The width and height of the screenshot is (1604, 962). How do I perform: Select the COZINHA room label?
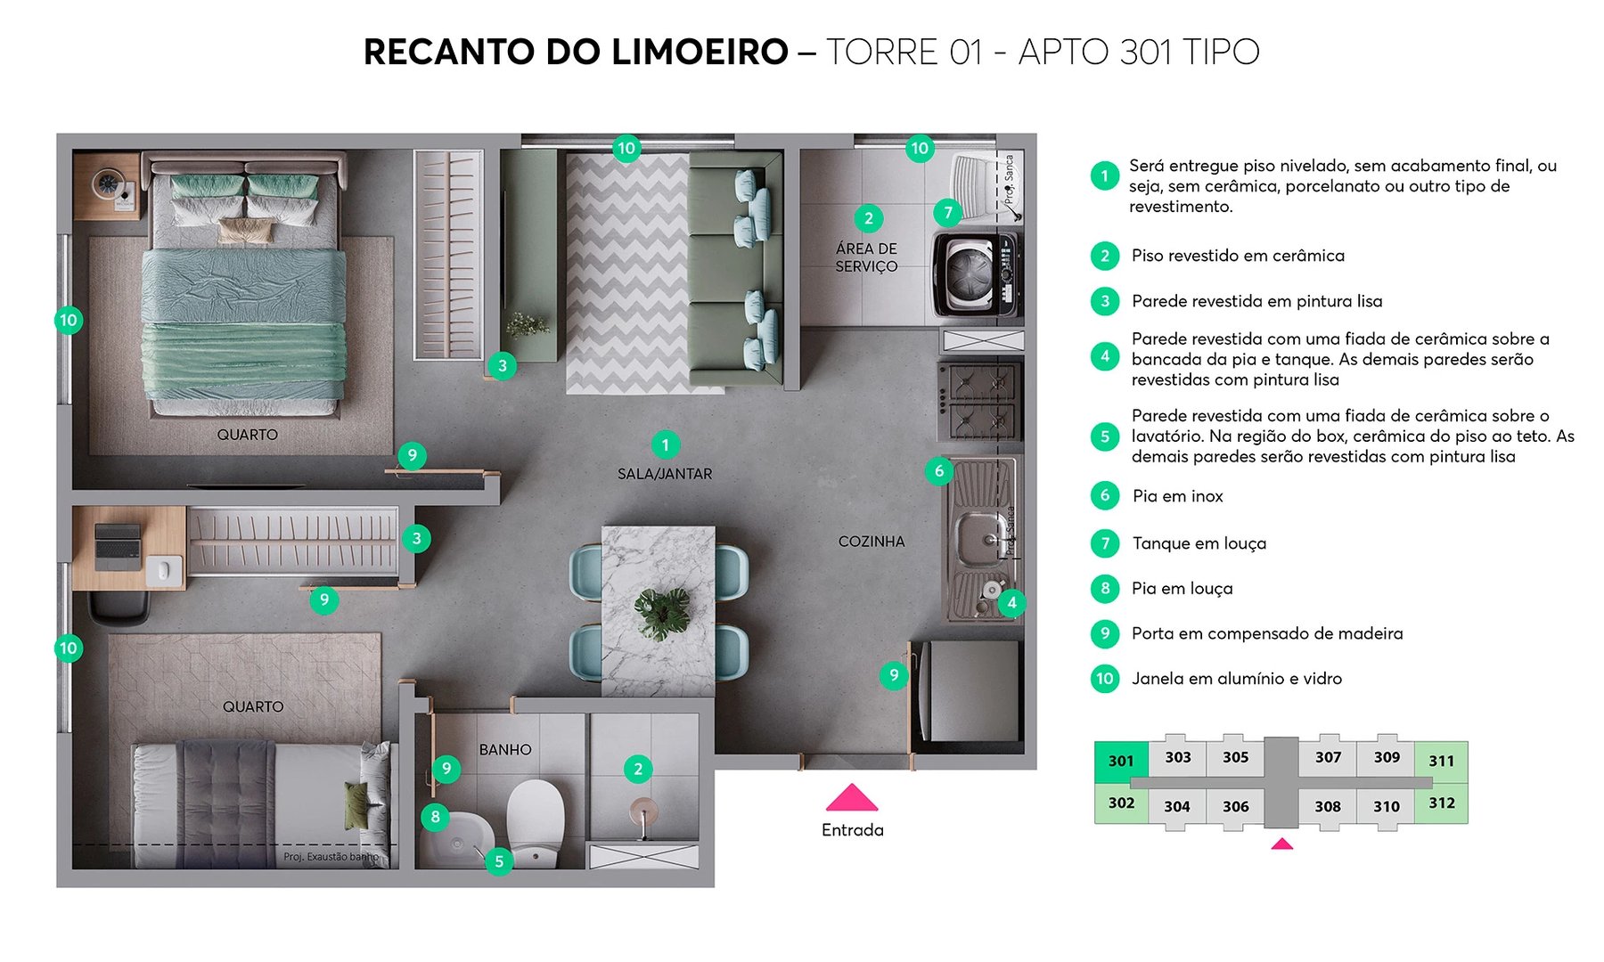point(871,542)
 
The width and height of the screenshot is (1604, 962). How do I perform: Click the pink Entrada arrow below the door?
point(852,798)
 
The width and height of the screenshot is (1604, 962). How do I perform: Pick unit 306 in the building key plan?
point(1235,807)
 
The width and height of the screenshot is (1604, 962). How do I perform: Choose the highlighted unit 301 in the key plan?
point(1121,762)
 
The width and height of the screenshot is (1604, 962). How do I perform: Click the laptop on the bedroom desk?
point(118,546)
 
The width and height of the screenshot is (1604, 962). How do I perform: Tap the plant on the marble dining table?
point(661,613)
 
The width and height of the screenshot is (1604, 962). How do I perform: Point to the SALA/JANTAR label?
point(665,474)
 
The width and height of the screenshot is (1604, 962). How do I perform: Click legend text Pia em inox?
point(1177,496)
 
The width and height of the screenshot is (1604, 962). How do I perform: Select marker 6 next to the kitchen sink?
point(938,471)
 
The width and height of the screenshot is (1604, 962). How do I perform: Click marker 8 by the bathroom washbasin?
point(435,816)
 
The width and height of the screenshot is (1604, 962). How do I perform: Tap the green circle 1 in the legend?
point(1105,175)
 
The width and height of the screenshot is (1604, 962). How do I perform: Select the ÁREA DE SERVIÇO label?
point(866,257)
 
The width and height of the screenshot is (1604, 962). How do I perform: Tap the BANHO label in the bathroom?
point(505,750)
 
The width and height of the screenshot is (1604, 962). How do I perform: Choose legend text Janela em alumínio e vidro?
point(1236,679)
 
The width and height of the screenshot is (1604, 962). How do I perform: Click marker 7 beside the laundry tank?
point(948,213)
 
